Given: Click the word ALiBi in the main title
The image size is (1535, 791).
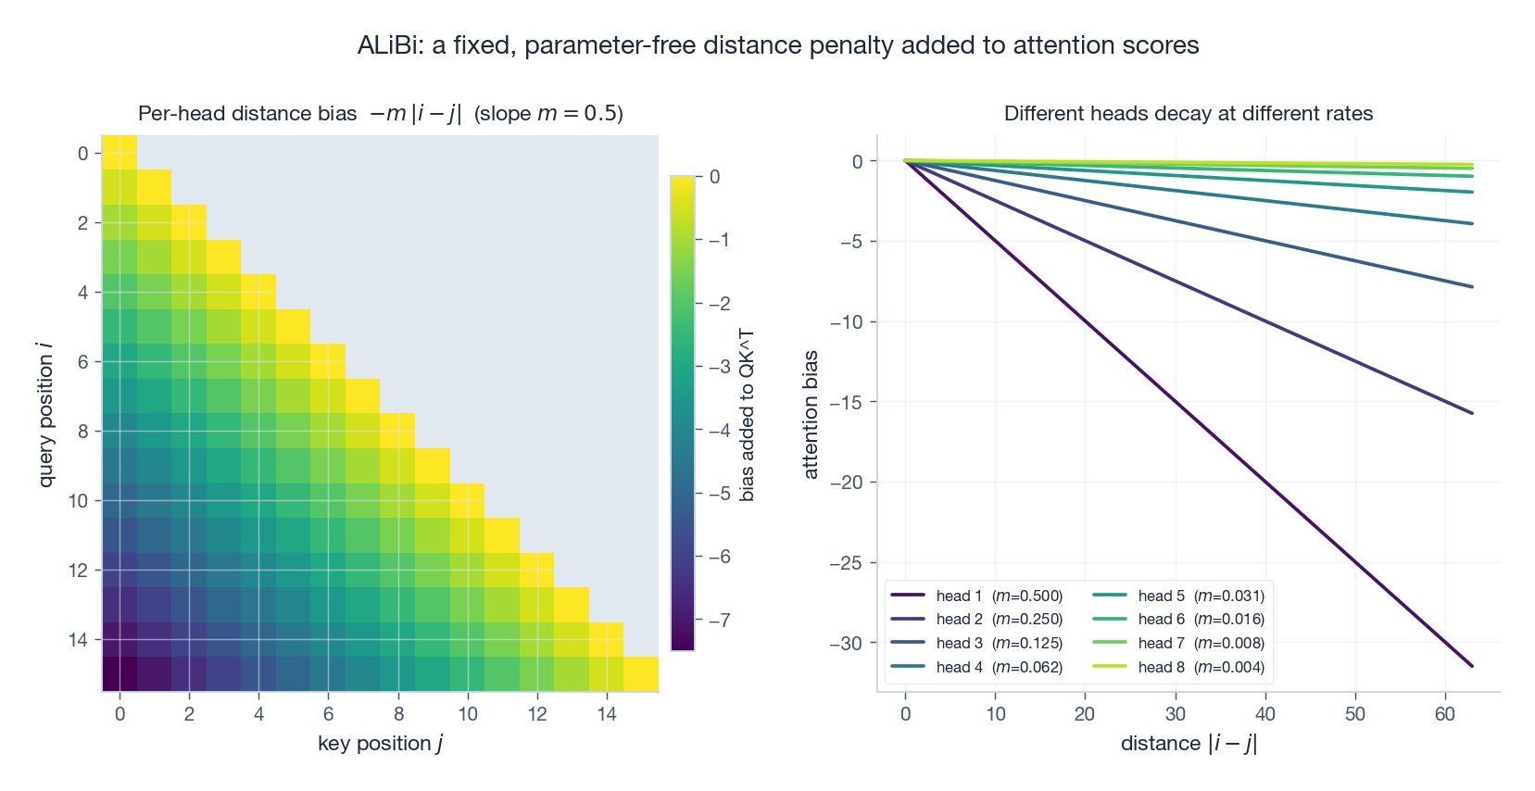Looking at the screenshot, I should pyautogui.click(x=388, y=45).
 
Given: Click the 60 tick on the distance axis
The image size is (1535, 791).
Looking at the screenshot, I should pyautogui.click(x=1445, y=714).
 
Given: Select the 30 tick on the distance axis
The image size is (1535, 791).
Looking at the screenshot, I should pyautogui.click(x=1175, y=714).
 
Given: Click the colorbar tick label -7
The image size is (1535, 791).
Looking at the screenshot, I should pyautogui.click(x=719, y=620).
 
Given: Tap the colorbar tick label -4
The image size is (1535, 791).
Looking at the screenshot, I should pyautogui.click(x=719, y=430).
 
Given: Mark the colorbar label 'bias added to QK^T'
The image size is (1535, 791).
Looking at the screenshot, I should pyautogui.click(x=747, y=415).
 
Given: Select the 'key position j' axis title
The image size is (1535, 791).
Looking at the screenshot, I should pyautogui.click(x=380, y=744).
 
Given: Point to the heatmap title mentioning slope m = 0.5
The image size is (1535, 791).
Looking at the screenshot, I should pyautogui.click(x=380, y=114).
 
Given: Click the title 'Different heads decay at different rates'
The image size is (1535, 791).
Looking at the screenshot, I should pyautogui.click(x=1188, y=114).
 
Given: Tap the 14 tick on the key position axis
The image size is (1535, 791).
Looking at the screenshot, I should pyautogui.click(x=606, y=714).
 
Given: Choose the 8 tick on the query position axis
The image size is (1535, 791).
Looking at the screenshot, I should pyautogui.click(x=83, y=432).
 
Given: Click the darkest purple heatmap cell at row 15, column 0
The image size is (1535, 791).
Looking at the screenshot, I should pyautogui.click(x=120, y=673).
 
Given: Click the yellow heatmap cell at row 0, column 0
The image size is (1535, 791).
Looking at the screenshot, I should pyautogui.click(x=120, y=153).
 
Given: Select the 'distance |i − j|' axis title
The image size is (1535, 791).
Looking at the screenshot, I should pyautogui.click(x=1188, y=744).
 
